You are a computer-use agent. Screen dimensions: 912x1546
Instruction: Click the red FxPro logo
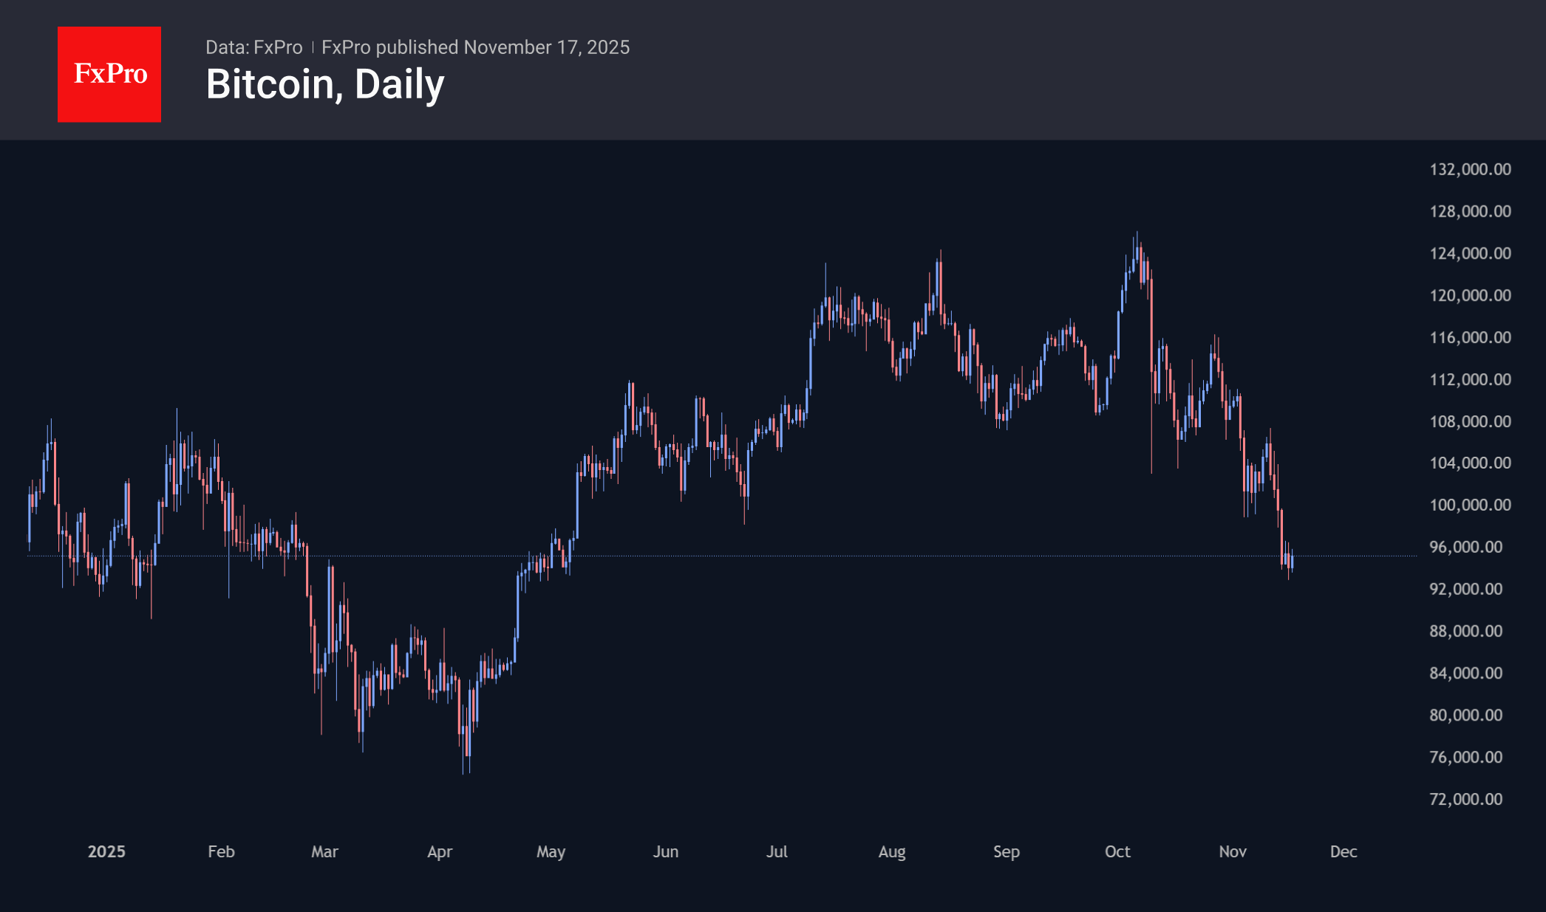click(109, 74)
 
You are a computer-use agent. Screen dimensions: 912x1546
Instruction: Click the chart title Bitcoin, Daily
click(325, 84)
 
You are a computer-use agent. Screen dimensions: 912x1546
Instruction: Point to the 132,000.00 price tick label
click(1470, 169)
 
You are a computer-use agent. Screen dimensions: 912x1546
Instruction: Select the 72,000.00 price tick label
click(1465, 799)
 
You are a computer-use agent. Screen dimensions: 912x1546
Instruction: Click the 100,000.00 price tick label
click(1470, 505)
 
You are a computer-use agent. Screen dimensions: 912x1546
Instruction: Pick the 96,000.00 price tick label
click(1465, 547)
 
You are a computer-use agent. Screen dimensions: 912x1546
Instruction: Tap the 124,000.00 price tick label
click(1470, 253)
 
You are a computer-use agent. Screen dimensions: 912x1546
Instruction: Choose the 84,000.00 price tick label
click(1465, 673)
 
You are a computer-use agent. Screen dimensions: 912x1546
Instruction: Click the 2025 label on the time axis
click(106, 851)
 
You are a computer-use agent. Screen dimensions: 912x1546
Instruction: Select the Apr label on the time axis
click(440, 851)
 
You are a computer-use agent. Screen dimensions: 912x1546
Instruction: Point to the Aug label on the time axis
click(892, 851)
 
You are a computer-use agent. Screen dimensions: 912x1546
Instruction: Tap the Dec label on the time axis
click(1344, 851)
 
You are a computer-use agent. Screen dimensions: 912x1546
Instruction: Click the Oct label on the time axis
click(1117, 851)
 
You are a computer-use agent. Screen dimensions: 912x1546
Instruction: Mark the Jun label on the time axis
click(666, 851)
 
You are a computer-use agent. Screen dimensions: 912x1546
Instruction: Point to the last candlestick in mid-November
click(1292, 562)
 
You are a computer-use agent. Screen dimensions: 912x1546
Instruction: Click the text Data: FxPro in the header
click(253, 47)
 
